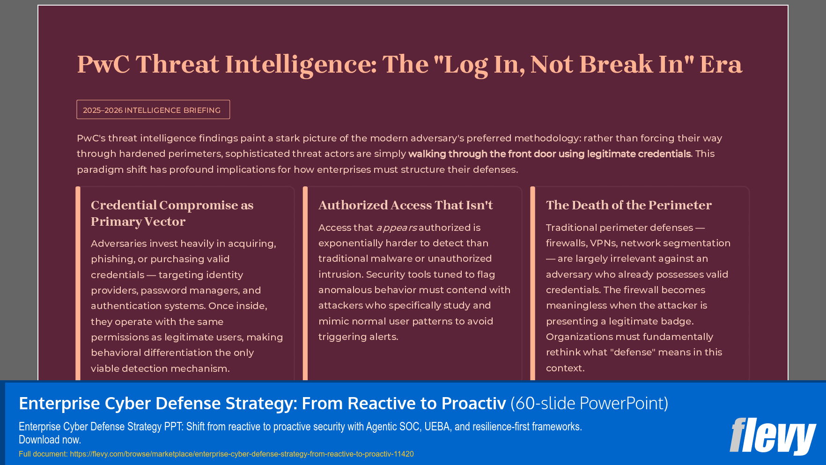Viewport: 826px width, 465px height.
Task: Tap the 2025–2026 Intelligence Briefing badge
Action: pyautogui.click(x=153, y=110)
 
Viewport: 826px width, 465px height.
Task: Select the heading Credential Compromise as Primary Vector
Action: pyautogui.click(x=172, y=213)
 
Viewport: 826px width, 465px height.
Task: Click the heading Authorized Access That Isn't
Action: pyautogui.click(x=406, y=205)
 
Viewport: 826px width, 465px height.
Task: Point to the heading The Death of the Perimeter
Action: pyautogui.click(x=628, y=205)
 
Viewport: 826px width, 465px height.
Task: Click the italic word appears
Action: pyautogui.click(x=397, y=228)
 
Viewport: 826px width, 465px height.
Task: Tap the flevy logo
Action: pyautogui.click(x=772, y=436)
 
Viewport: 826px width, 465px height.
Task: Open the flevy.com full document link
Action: pyautogui.click(x=242, y=454)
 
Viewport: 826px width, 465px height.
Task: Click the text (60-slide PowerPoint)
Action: pyautogui.click(x=589, y=403)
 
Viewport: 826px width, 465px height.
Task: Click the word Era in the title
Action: pyautogui.click(x=721, y=64)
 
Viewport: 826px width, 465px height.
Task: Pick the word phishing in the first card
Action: pyautogui.click(x=112, y=259)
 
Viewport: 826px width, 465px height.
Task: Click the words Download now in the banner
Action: pyautogui.click(x=50, y=440)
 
